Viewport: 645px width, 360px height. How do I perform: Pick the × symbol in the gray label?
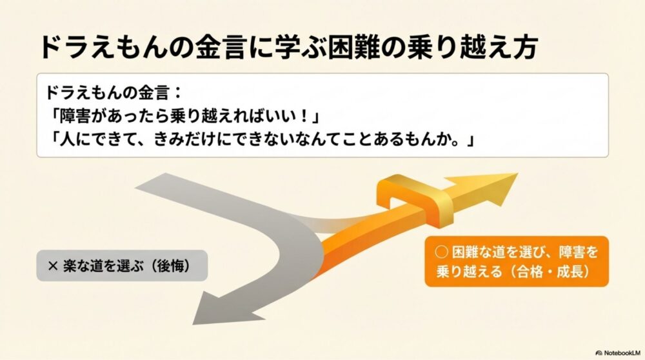[x=54, y=265]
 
